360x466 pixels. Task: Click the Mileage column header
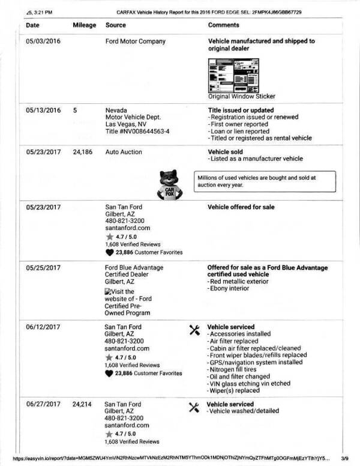[85, 25]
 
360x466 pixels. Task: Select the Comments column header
[223, 25]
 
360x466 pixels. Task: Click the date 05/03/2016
[44, 41]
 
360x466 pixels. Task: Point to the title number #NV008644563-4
[137, 131]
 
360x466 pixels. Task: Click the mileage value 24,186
[83, 153]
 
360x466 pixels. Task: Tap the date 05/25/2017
[44, 267]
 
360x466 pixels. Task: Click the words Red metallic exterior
[238, 281]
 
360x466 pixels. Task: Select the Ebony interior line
[231, 289]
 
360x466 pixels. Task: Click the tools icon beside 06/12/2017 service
[194, 329]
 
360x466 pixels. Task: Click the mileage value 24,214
[83, 405]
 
